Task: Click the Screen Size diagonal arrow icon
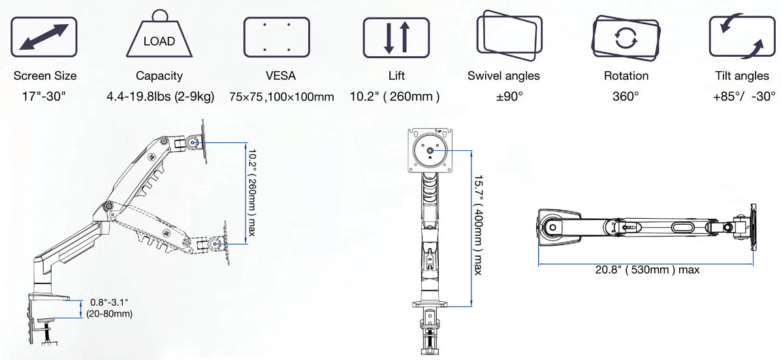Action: [44, 37]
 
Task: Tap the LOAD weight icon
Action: [159, 36]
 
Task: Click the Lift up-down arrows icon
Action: [396, 37]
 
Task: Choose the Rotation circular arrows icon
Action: [626, 35]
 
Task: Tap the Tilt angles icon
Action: [741, 36]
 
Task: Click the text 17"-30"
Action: [44, 97]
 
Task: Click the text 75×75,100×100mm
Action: [281, 97]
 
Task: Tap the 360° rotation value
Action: [626, 97]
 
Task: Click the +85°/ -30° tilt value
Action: [744, 97]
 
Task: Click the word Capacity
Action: [159, 76]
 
